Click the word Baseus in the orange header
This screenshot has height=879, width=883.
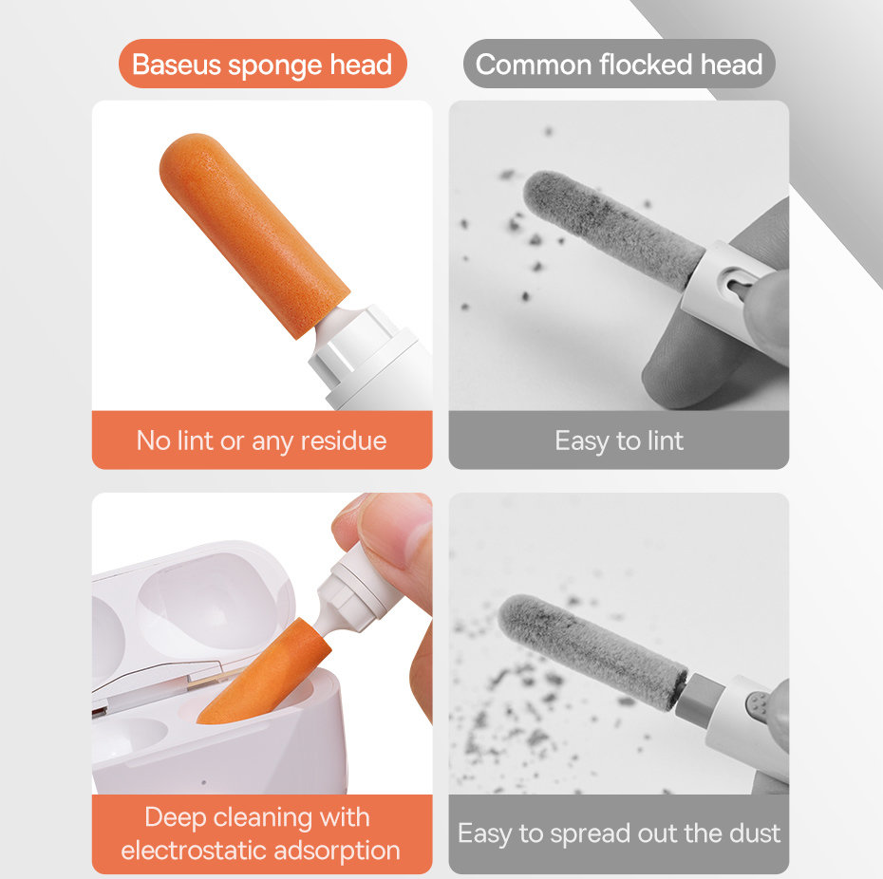175,65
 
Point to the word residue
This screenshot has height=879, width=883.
343,440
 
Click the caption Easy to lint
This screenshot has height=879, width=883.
619,440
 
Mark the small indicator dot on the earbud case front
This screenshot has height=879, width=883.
204,783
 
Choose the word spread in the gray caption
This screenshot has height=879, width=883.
570,833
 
